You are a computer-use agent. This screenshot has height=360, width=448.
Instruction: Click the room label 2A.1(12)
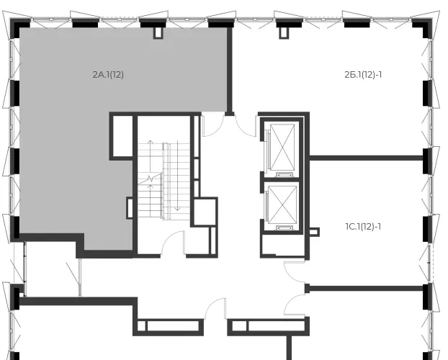108,75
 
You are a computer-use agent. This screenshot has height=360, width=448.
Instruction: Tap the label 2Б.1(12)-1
363,75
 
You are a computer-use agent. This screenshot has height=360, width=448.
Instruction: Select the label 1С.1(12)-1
363,227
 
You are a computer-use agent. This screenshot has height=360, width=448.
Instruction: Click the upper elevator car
282,147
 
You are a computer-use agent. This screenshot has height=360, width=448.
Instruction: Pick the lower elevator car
282,204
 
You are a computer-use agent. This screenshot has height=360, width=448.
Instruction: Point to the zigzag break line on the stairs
150,179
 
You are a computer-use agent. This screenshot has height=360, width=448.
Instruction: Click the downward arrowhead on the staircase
177,209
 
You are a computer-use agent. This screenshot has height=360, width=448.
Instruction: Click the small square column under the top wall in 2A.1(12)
158,33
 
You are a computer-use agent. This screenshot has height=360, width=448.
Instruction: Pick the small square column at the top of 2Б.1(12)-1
284,33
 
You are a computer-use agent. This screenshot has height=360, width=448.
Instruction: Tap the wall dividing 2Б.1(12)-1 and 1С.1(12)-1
367,158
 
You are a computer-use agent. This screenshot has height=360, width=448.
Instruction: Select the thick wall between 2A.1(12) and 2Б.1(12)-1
229,70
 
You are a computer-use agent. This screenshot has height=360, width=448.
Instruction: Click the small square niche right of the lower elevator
314,232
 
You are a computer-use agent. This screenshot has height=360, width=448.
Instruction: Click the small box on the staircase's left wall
130,208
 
